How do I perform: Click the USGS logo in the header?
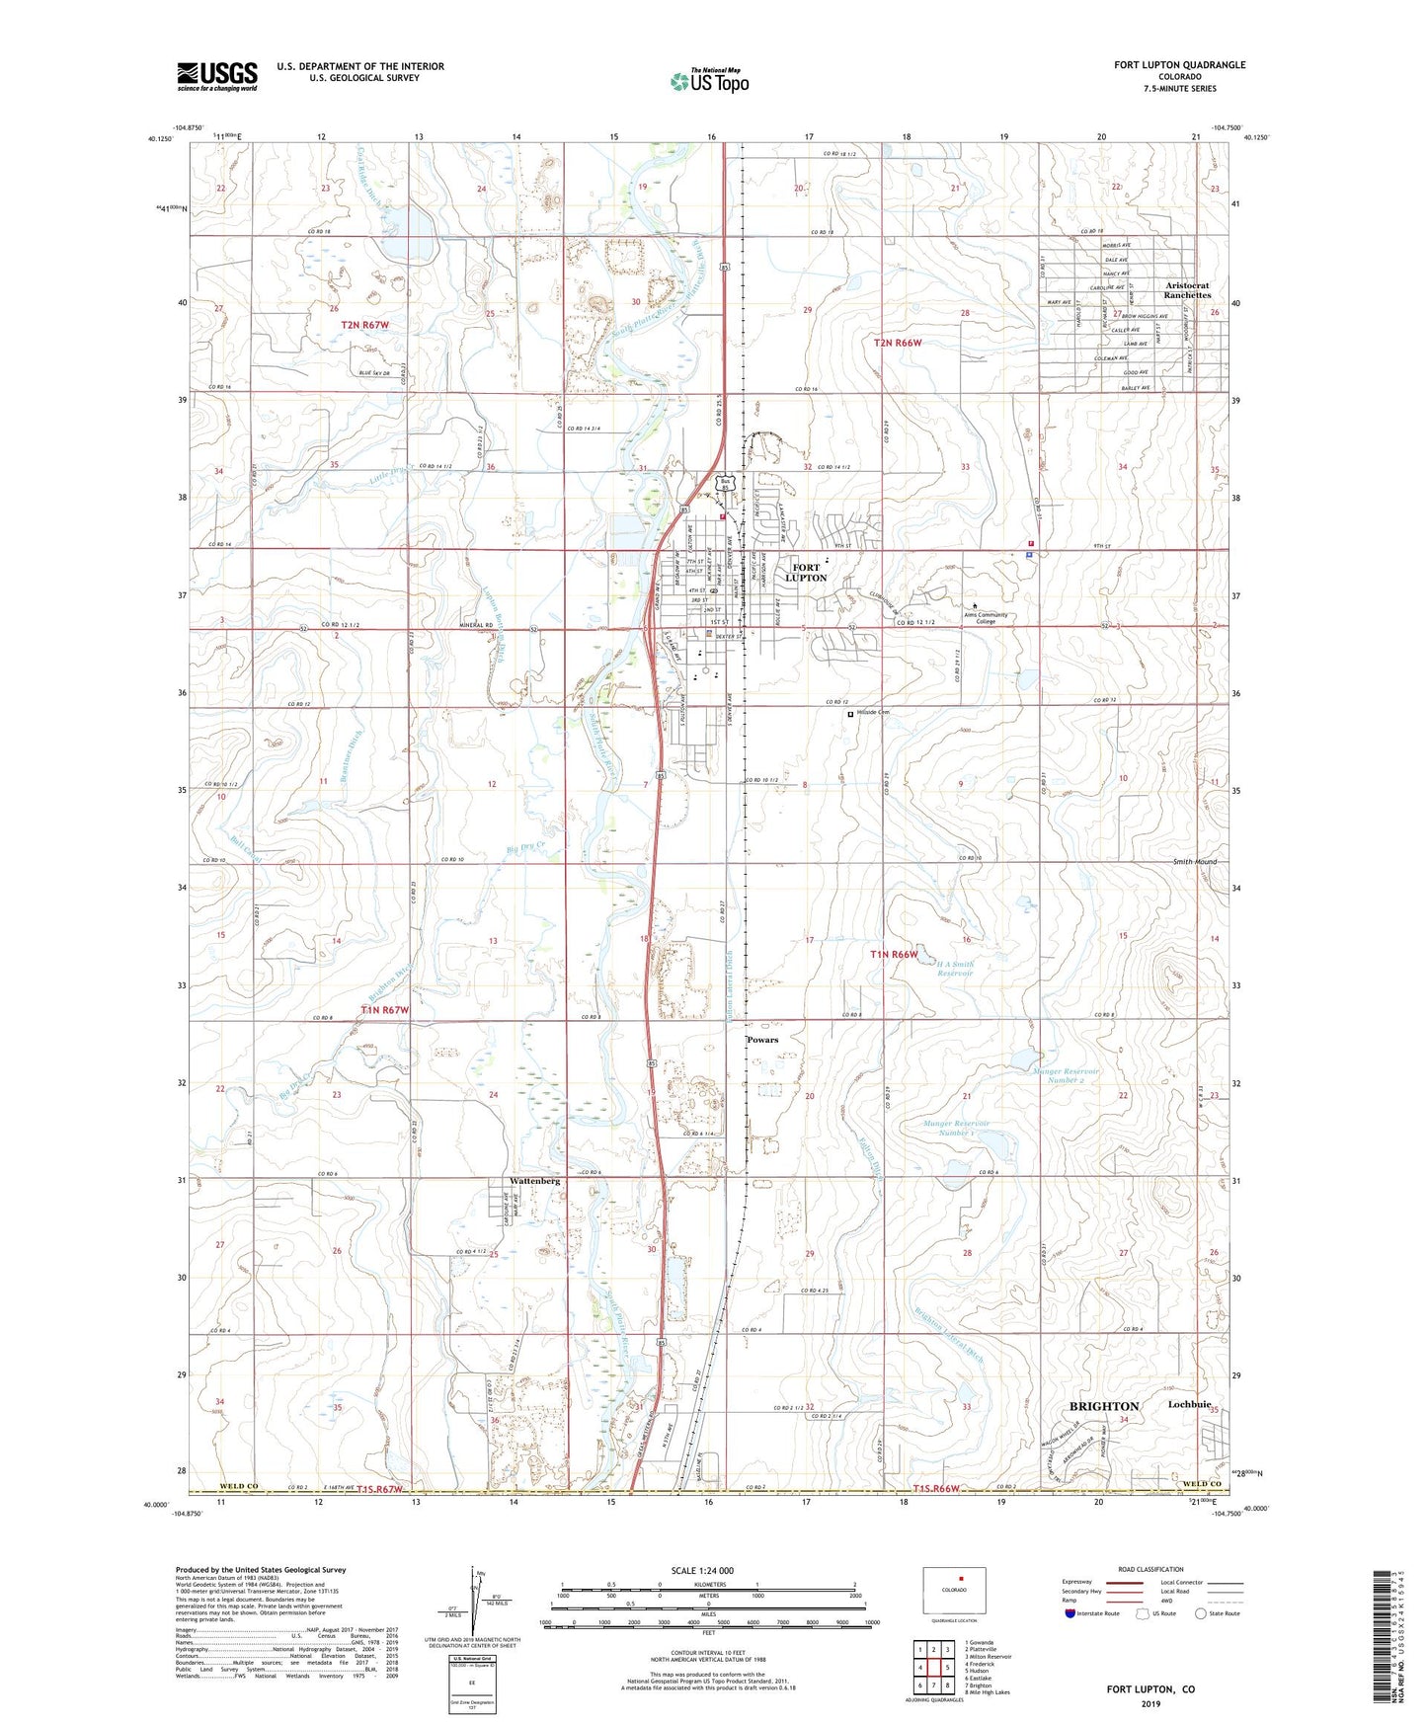click(x=217, y=76)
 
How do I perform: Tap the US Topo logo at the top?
click(x=709, y=81)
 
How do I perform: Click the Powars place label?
click(x=762, y=1040)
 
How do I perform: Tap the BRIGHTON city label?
click(x=1104, y=1406)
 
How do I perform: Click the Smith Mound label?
click(x=1195, y=862)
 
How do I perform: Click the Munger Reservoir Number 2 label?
click(x=1066, y=1075)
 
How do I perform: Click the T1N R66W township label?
click(x=894, y=955)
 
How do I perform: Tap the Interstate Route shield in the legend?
click(x=1072, y=1612)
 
